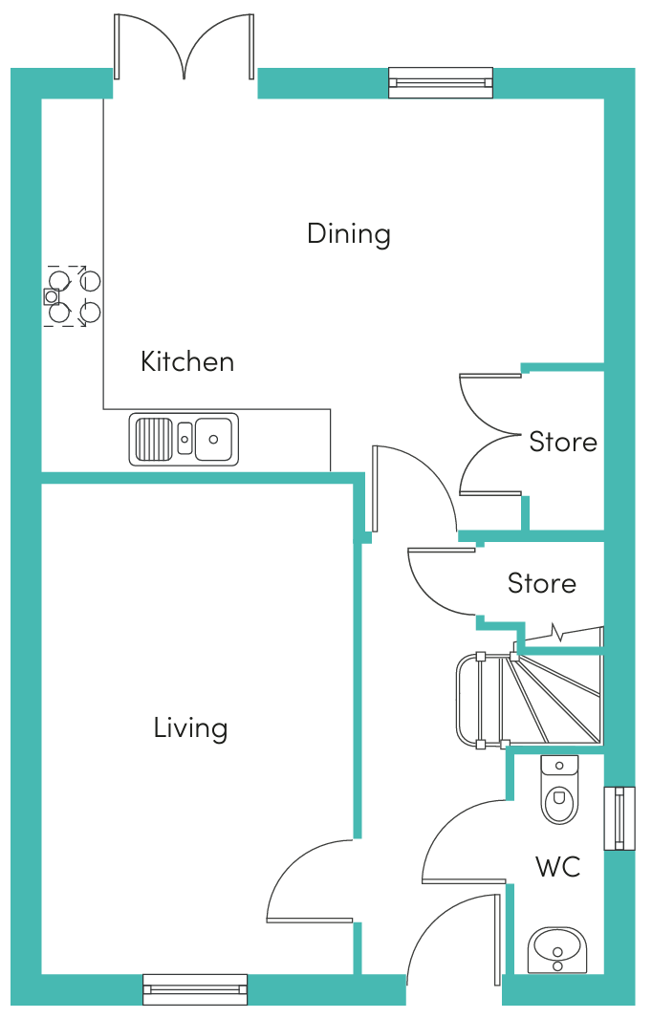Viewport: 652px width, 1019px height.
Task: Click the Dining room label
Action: (348, 234)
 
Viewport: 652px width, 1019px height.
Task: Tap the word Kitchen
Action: (187, 361)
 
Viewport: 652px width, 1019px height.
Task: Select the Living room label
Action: (190, 727)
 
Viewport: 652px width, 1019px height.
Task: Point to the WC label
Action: (557, 866)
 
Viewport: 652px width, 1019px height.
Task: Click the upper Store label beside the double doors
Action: (563, 442)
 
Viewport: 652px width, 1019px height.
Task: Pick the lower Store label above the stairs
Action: (541, 583)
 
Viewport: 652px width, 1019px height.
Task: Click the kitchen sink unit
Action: (184, 440)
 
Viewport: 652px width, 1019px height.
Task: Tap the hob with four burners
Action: (72, 296)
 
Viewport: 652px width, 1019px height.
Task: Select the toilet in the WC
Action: (559, 789)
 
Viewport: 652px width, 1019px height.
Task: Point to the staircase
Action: (530, 700)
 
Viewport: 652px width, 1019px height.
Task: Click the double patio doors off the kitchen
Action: (184, 47)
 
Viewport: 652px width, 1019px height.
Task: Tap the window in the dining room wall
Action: (441, 82)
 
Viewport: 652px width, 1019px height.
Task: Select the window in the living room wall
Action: (195, 989)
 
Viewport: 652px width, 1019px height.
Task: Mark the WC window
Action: (619, 818)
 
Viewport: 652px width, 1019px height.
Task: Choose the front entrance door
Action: (455, 936)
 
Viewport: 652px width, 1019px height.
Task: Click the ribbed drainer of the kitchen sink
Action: (153, 440)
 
